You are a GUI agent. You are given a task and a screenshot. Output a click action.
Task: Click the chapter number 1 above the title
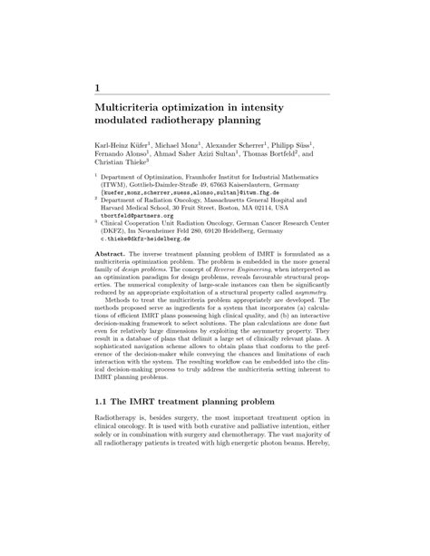(97, 85)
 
